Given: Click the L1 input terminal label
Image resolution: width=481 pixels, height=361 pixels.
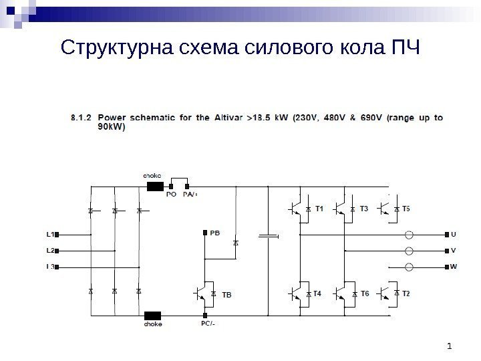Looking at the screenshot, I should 49,235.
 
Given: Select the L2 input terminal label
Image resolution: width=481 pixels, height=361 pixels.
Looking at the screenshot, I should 49,251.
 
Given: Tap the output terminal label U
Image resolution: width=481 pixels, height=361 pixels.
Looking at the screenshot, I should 454,235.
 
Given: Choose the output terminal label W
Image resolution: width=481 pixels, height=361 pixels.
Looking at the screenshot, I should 454,267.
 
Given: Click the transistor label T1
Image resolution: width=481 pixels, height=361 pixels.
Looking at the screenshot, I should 319,209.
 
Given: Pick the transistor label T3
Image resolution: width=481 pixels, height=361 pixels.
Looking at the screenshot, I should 363,209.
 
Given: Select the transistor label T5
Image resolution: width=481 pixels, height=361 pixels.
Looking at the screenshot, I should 407,209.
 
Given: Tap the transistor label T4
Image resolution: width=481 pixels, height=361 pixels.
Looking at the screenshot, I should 317,293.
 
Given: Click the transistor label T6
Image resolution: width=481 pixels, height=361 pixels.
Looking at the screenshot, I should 365,293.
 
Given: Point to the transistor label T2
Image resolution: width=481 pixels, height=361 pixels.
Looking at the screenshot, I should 407,293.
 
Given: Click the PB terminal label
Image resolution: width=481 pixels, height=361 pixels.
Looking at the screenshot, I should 214,233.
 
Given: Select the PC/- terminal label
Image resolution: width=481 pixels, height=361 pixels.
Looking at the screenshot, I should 208,324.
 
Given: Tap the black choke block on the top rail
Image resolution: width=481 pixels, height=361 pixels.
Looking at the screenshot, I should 155,187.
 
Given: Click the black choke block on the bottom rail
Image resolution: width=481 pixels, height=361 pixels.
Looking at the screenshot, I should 154,315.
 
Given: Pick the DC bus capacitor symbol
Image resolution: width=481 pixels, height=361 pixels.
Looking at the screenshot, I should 268,235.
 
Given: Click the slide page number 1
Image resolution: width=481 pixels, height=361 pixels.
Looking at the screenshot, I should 450,346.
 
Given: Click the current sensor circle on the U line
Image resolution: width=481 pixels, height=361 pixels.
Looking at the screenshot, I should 410,235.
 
